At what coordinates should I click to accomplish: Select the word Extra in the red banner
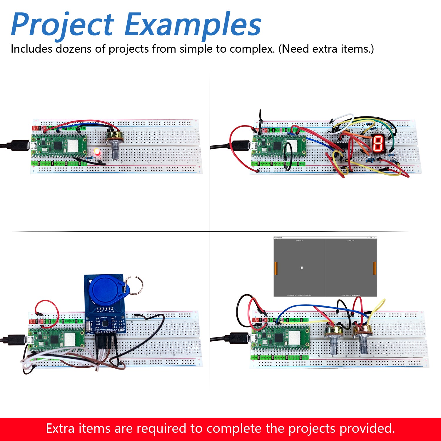[60, 428]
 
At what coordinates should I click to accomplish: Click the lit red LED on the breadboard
[96, 152]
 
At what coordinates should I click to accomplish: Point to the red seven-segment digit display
[378, 143]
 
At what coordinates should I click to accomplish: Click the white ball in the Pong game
[302, 268]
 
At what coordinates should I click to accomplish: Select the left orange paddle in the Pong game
[276, 268]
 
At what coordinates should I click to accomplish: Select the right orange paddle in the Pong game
[374, 268]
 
